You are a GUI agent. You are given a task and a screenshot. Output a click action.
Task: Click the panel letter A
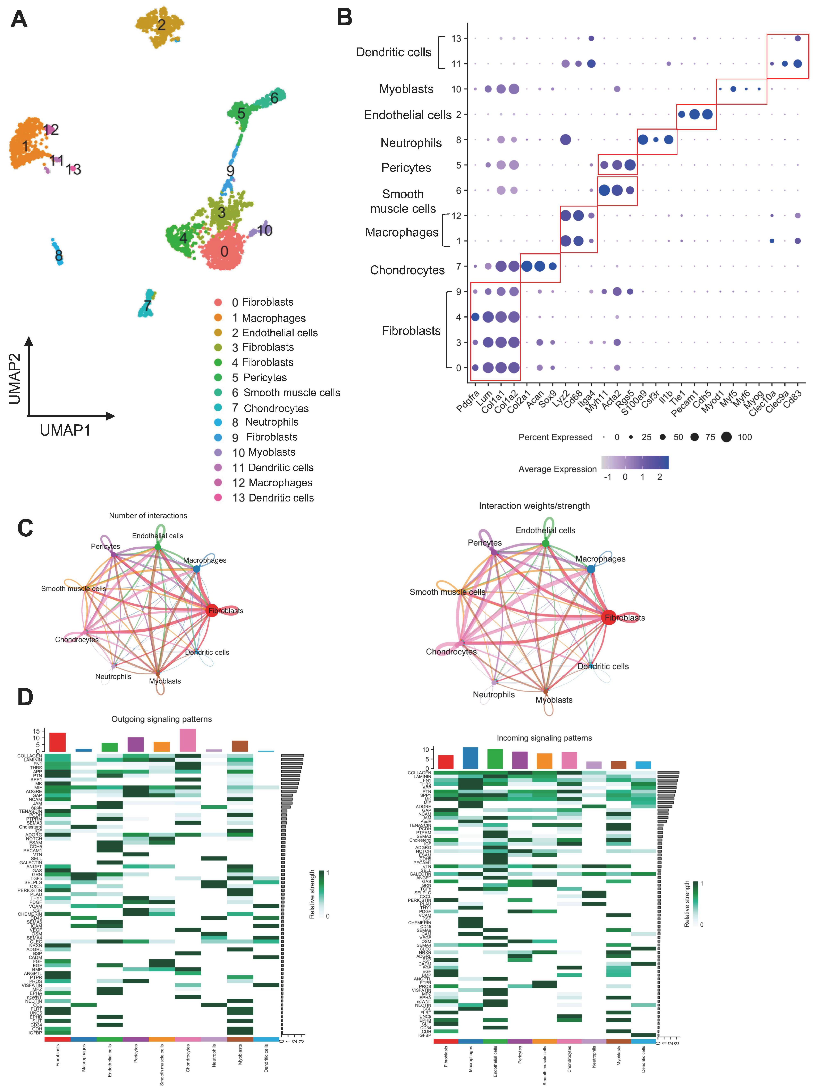coord(19,20)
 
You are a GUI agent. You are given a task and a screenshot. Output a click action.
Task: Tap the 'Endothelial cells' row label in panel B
coord(407,115)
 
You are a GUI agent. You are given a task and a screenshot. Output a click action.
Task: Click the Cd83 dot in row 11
coord(797,64)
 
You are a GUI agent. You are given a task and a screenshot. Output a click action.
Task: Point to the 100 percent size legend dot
coord(726,437)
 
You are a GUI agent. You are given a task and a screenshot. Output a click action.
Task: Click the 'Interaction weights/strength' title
coord(534,506)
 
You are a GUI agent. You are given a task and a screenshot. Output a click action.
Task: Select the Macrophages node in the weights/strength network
coord(591,569)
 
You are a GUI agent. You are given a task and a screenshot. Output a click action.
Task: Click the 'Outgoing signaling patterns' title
coord(161,719)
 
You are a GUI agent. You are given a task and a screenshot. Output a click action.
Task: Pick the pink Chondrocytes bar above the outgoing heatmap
coord(188,740)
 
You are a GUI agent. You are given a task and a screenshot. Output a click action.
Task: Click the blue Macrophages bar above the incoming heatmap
coord(470,758)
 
